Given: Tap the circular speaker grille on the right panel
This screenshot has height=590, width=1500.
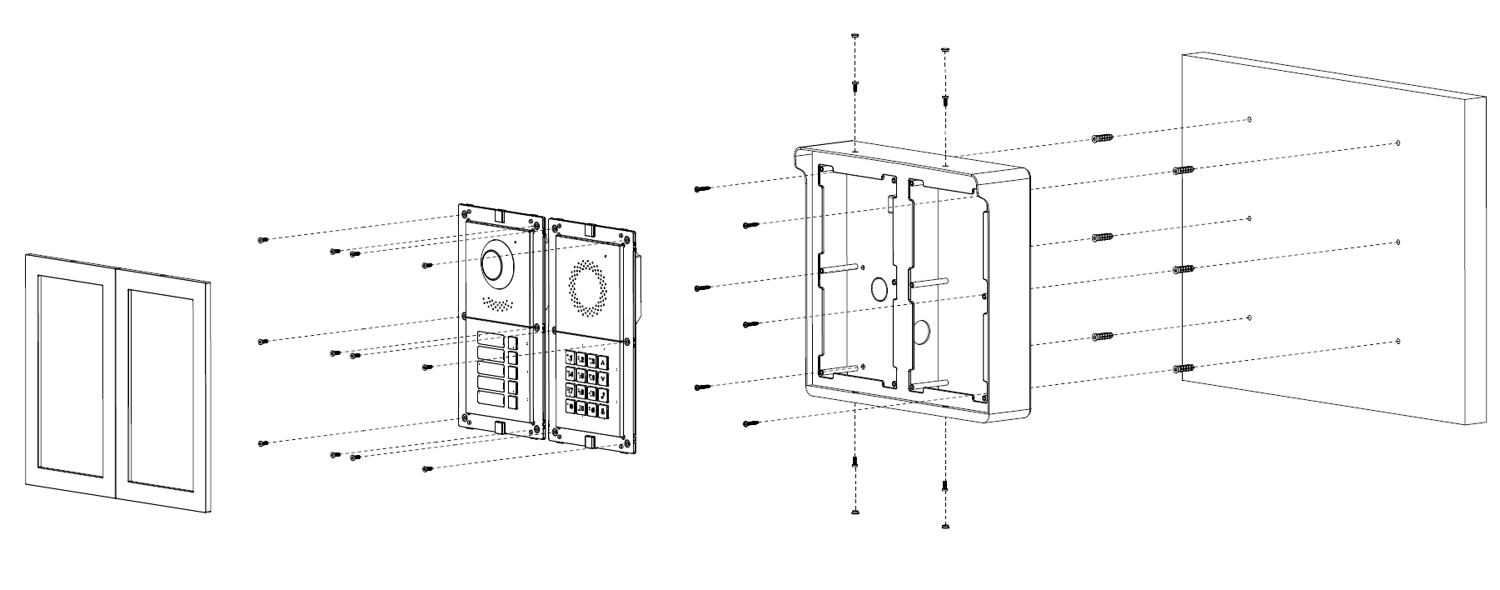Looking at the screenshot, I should click(589, 289).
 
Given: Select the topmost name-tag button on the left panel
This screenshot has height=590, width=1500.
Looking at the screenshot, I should click(491, 341).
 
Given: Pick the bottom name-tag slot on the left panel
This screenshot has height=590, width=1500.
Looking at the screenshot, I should click(491, 402).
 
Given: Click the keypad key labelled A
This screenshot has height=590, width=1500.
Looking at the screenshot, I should click(603, 362).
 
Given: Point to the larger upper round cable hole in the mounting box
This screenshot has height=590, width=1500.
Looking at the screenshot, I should click(879, 290).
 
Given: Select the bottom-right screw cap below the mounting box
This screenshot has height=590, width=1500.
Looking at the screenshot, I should click(944, 526).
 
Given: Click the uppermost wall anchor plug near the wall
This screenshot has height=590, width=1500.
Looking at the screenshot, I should click(1103, 137).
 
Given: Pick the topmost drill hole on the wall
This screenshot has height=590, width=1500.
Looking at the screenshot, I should click(1250, 120).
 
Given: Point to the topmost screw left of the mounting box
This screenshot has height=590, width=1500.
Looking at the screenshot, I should click(701, 189).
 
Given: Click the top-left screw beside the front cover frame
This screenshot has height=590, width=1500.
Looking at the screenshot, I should click(263, 240).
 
